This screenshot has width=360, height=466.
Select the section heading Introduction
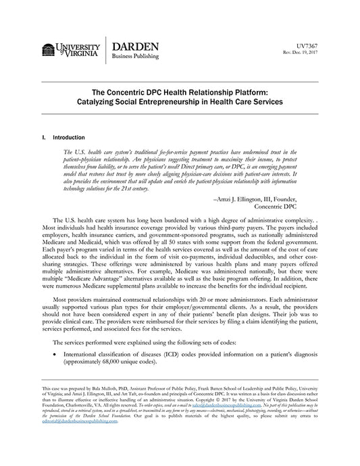click(70, 137)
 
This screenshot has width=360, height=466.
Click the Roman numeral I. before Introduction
click(44, 137)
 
